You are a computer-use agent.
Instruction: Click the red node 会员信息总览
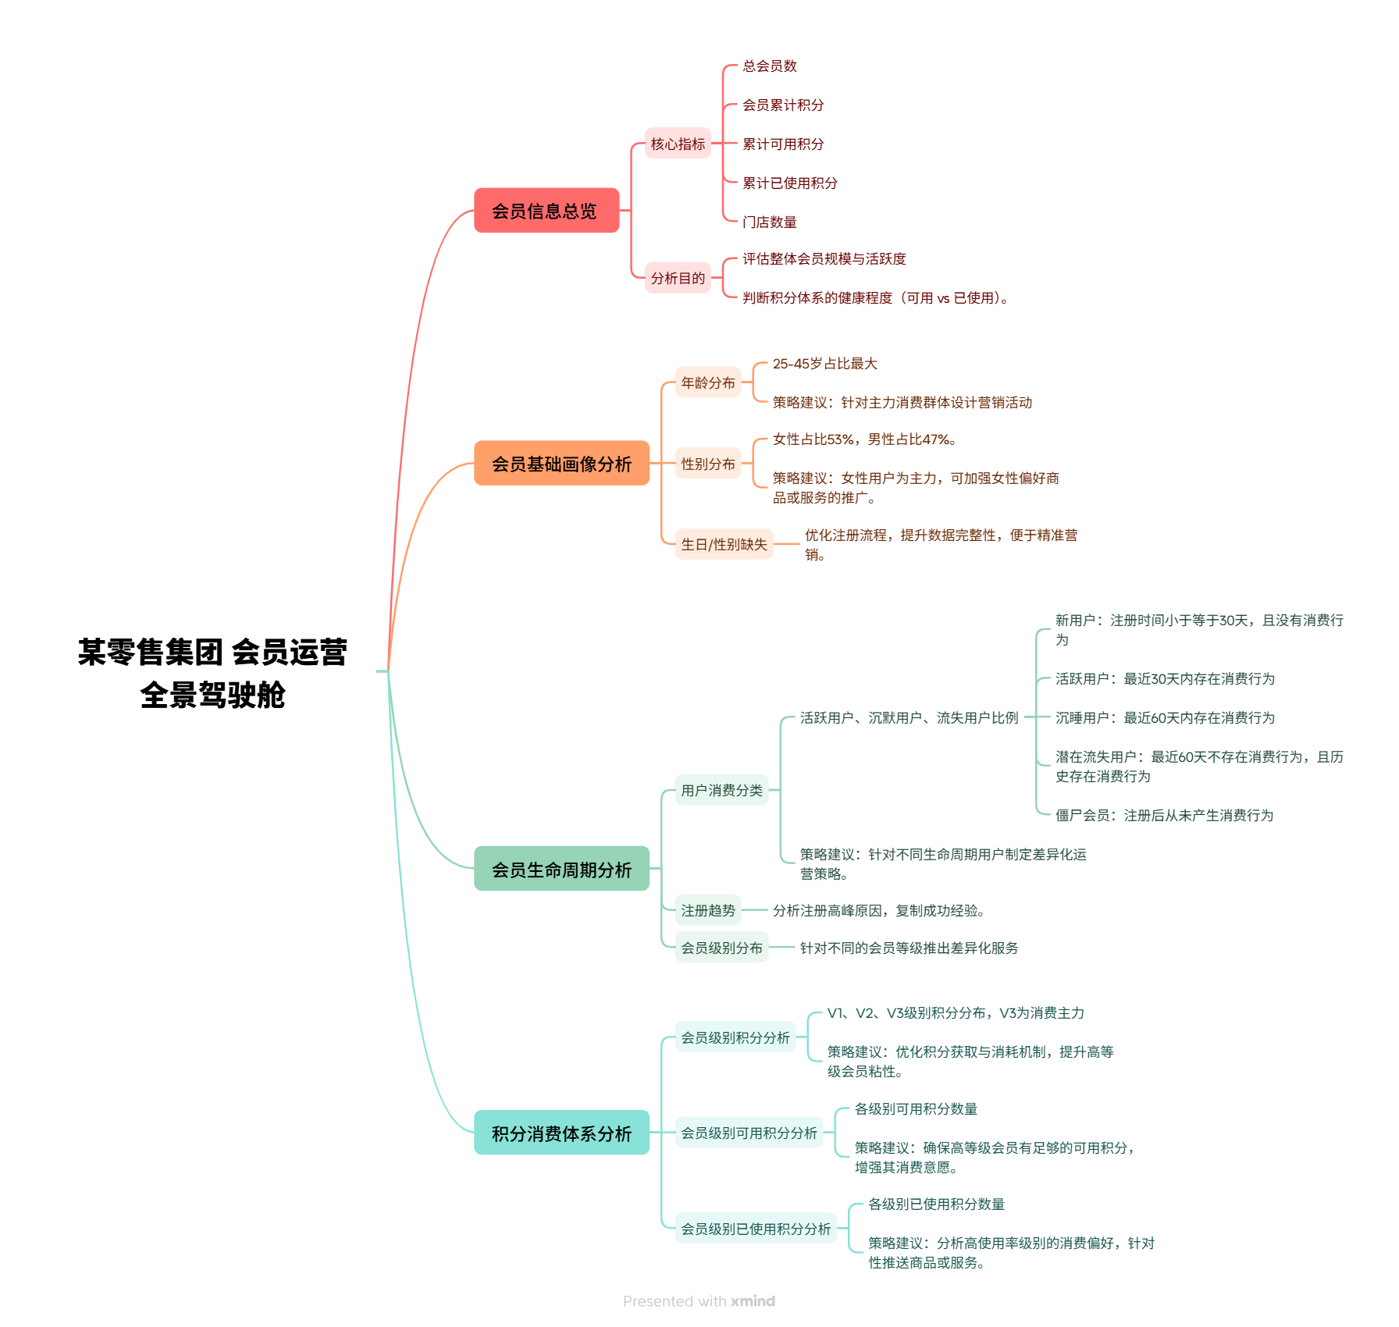tap(546, 211)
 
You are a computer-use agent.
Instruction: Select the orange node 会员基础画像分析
tap(561, 464)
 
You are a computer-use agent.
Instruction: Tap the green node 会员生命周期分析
tap(561, 870)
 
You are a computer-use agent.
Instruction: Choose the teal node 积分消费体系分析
tap(561, 1133)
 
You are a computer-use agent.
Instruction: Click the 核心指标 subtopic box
tap(678, 144)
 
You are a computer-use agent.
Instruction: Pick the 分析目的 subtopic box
tap(678, 279)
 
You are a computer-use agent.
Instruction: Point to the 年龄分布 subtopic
tap(707, 383)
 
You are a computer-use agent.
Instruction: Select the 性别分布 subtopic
tap(707, 464)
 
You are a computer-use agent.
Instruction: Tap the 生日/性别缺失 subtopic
tap(724, 545)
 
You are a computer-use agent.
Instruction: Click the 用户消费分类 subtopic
tap(721, 791)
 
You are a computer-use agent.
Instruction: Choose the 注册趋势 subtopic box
tap(707, 911)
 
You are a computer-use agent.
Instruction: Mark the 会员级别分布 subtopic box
tap(721, 948)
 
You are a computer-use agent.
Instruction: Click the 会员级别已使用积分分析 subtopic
tap(755, 1229)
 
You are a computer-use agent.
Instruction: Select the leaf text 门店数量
tap(770, 222)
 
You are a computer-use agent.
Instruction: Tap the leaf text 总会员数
tap(770, 66)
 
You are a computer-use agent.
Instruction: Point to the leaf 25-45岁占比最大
tap(824, 364)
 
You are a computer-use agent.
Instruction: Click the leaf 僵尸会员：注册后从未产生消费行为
tap(1164, 816)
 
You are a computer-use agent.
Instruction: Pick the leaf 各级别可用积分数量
tap(916, 1109)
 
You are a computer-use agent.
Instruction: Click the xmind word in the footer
tap(753, 1301)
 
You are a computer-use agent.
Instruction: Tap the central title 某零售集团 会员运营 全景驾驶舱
tap(212, 673)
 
